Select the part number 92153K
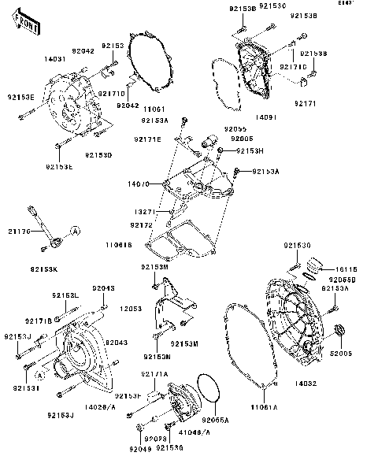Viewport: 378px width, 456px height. pyautogui.click(x=45, y=270)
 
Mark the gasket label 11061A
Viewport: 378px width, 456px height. pyautogui.click(x=265, y=408)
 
